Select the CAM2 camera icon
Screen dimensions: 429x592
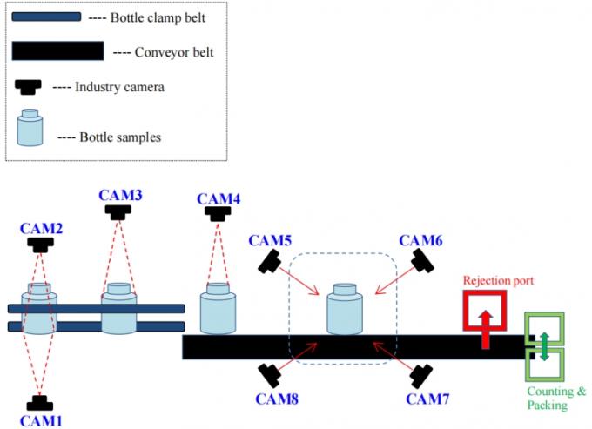(39, 245)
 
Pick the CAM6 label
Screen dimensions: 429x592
(420, 239)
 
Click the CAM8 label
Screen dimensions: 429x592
(279, 399)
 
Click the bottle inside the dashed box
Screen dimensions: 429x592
(346, 310)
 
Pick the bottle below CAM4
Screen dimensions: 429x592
(218, 309)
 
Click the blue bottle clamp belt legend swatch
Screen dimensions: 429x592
(47, 17)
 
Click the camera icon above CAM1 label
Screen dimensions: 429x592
(39, 403)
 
